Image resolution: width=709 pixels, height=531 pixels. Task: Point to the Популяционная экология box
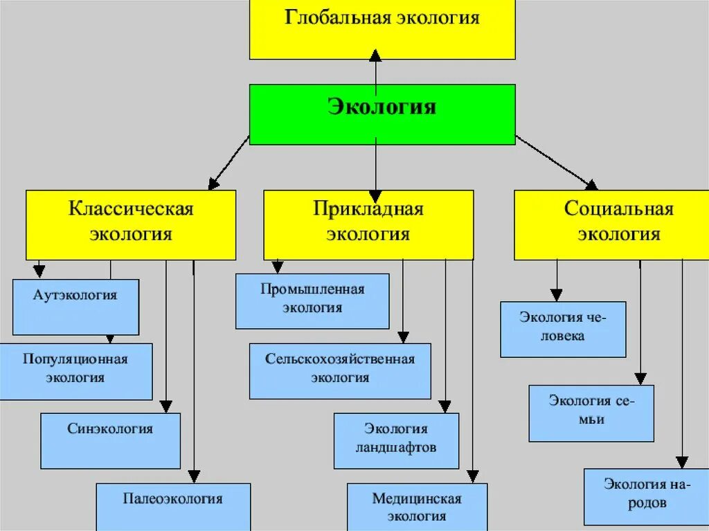(x=75, y=372)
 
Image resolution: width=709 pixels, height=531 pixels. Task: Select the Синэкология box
(x=110, y=440)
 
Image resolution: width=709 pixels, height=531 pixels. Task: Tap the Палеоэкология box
(x=173, y=506)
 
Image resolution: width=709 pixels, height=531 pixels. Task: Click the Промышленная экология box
(x=312, y=300)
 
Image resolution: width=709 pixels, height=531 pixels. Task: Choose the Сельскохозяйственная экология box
(x=340, y=370)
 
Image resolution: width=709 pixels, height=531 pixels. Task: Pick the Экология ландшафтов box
(x=396, y=440)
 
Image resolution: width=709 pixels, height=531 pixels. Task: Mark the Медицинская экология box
(x=417, y=506)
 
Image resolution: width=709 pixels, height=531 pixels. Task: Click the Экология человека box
(x=563, y=329)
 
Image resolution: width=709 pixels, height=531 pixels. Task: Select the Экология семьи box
(x=591, y=413)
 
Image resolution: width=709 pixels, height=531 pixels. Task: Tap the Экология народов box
(x=646, y=496)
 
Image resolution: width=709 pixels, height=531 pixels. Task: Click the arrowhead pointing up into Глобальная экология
(x=375, y=55)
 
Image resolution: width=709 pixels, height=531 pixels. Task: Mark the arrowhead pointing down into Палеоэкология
(x=195, y=476)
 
